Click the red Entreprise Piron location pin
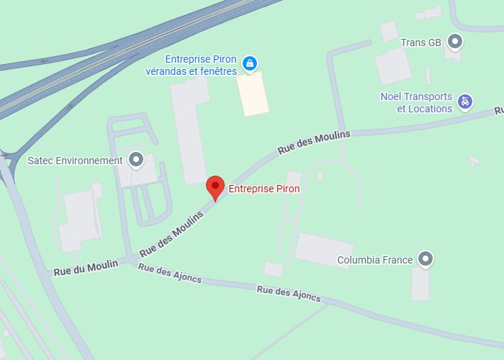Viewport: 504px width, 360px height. pos(215,187)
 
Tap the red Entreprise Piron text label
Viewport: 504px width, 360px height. pos(264,189)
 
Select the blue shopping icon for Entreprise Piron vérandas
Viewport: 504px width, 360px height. pos(249,63)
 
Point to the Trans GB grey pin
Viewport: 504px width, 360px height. pos(454,42)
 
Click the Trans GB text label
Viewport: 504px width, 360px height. pos(421,42)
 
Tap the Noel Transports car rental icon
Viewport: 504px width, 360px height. pos(466,102)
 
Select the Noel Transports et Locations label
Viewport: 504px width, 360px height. pos(416,103)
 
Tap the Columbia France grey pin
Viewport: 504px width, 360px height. pos(426,258)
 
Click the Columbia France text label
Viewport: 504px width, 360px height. pos(374,260)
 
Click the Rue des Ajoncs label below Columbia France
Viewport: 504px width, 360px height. pos(289,293)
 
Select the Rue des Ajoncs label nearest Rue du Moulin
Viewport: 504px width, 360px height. pos(169,274)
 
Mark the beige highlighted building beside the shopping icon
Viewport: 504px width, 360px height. pos(253,94)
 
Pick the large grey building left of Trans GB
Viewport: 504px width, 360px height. pos(392,66)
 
